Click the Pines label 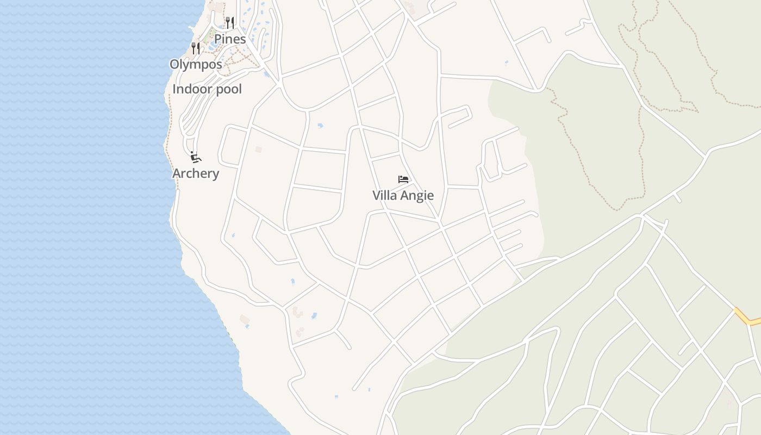[x=230, y=39]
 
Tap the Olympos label [x=196, y=64]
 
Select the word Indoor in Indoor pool [x=191, y=89]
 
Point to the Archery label [x=196, y=173]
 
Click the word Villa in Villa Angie [x=384, y=195]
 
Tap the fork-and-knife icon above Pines [x=230, y=23]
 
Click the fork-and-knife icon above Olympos [x=196, y=48]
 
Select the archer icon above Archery [x=196, y=158]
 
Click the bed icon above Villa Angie [x=403, y=179]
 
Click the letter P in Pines [x=217, y=39]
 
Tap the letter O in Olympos [x=174, y=64]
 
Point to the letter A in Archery [x=177, y=173]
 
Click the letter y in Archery [x=216, y=175]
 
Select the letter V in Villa [x=376, y=195]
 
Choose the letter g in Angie [x=419, y=197]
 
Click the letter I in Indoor [x=174, y=89]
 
